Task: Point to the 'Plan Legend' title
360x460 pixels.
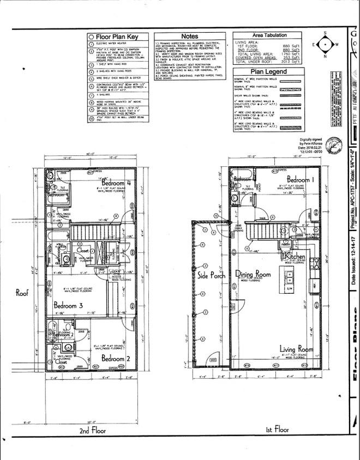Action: [268, 71]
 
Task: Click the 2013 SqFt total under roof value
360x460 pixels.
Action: [292, 62]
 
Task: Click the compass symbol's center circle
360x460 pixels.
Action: [326, 44]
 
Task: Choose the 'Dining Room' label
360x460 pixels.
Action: [253, 275]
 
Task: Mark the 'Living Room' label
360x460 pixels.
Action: [296, 349]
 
